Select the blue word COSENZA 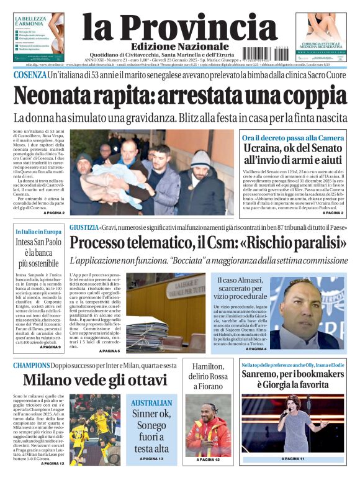click(x=29, y=75)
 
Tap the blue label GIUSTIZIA click(x=84, y=227)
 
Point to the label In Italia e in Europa click(x=38, y=232)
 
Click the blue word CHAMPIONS click(x=32, y=365)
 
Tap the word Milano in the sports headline click(x=51, y=380)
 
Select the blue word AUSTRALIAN click(x=151, y=402)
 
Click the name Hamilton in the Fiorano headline click(x=208, y=367)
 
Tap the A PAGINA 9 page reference click(x=50, y=347)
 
